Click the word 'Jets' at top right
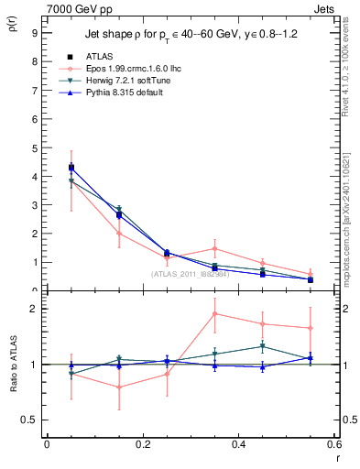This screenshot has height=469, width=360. [x=324, y=7]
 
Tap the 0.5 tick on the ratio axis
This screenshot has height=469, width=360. [x=28, y=420]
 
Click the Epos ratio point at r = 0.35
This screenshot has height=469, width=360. [x=214, y=313]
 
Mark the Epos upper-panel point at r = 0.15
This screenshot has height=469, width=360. [x=119, y=233]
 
